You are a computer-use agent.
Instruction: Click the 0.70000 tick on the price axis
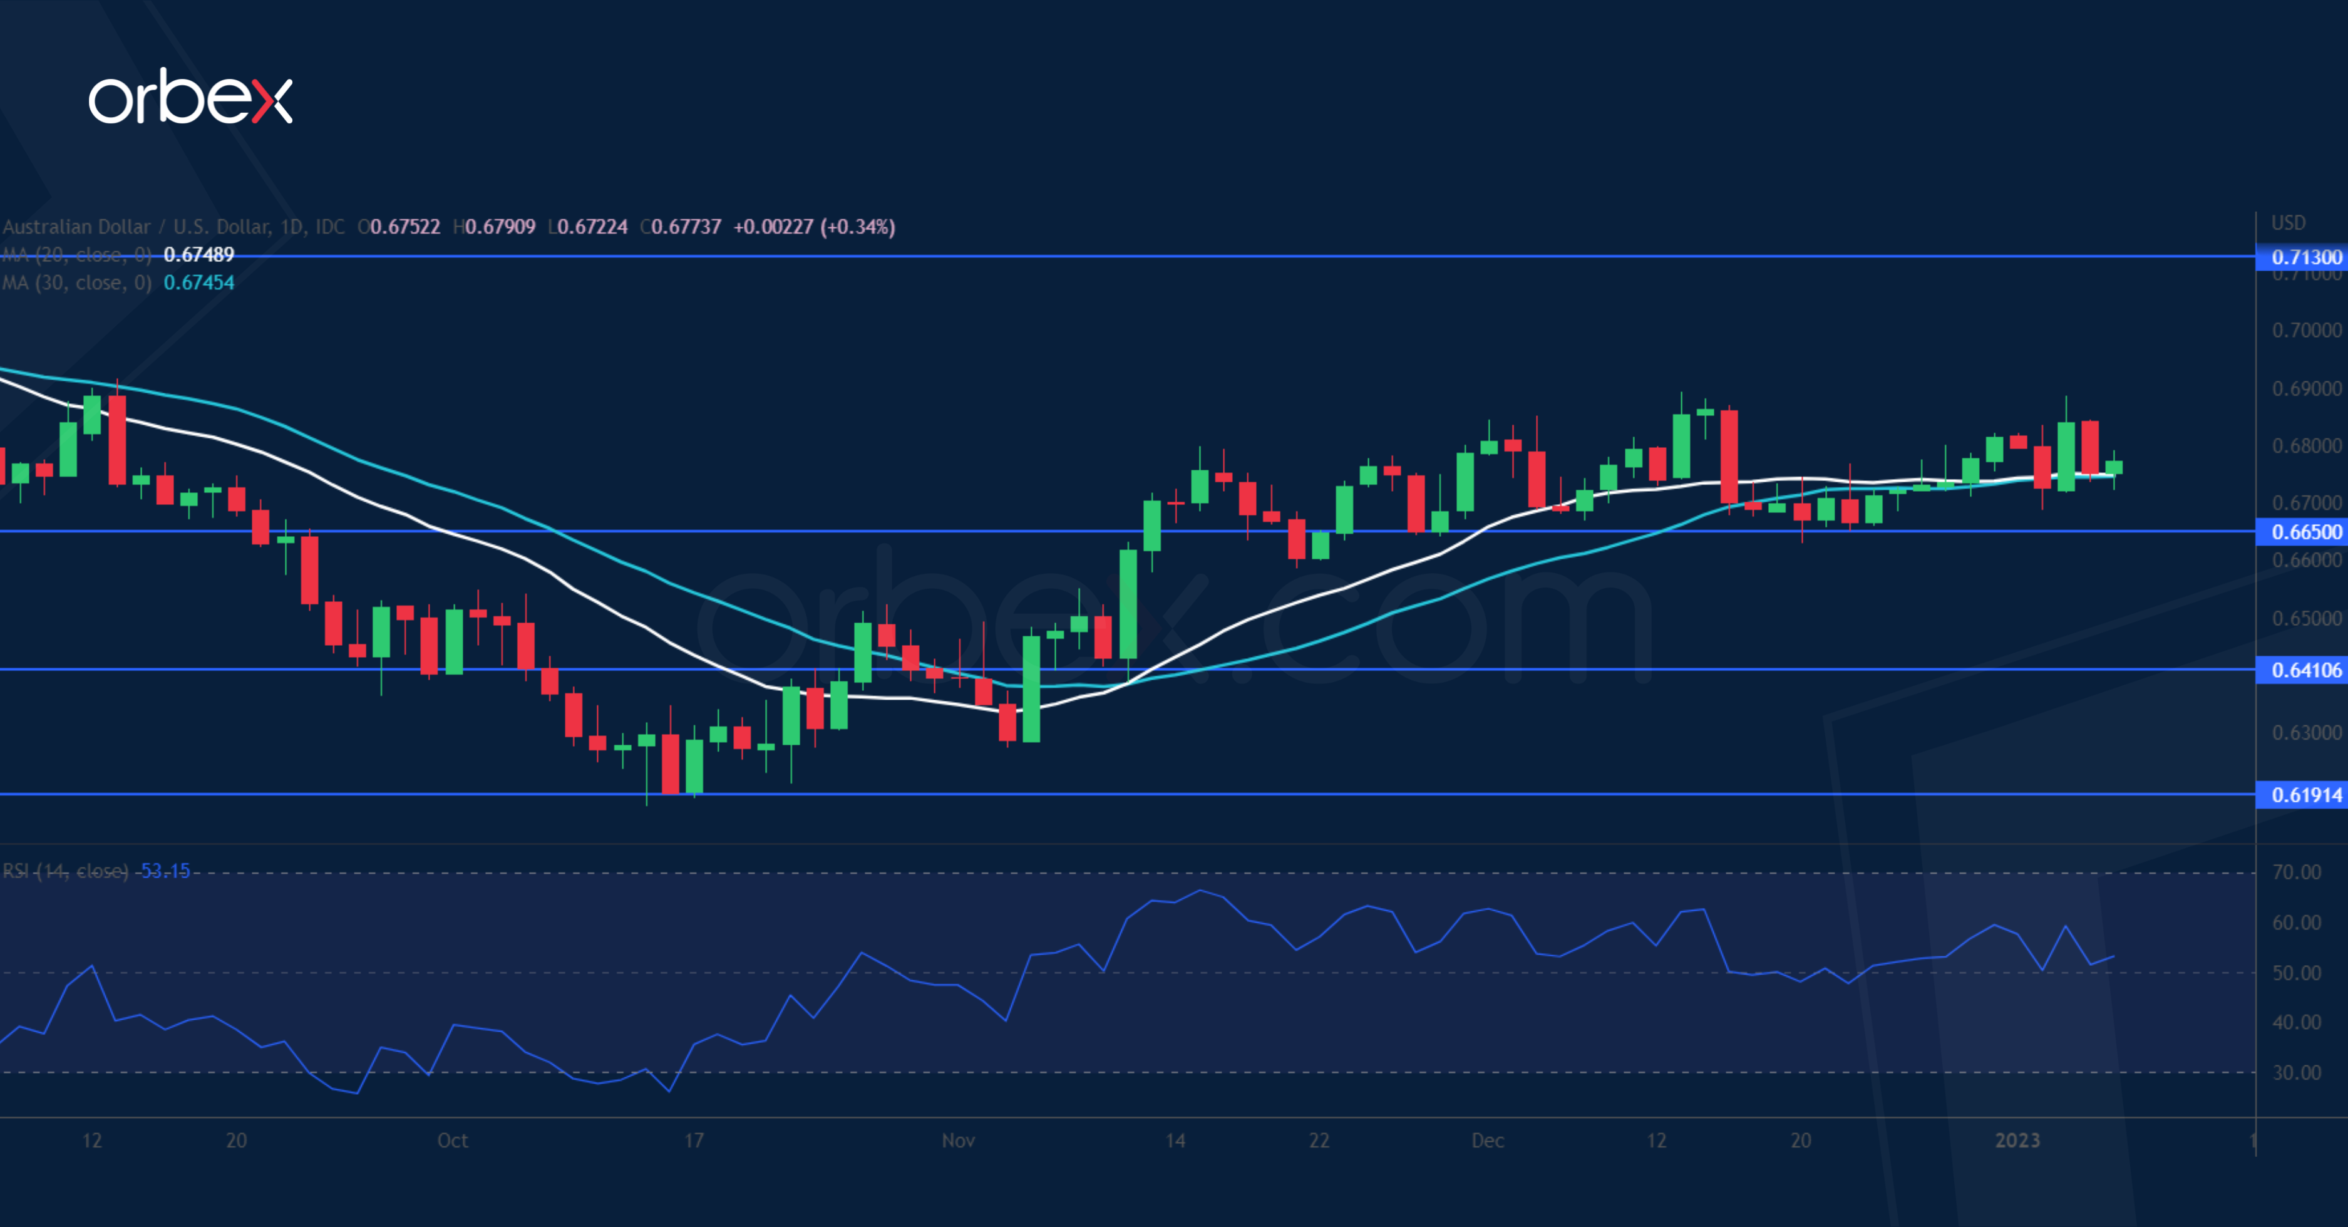coord(2305,330)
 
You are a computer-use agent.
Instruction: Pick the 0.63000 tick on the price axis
coord(2305,733)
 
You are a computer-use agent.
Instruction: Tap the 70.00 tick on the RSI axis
coord(2296,872)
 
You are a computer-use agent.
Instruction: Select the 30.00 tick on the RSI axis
coord(2296,1073)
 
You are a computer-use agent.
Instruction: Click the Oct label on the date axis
coord(452,1141)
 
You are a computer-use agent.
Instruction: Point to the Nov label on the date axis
coord(958,1141)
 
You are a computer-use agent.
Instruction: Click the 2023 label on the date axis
coord(2017,1141)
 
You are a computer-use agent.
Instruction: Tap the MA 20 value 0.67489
coord(198,254)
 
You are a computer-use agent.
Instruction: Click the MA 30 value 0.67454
coord(198,282)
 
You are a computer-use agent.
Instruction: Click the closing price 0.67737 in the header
coord(686,227)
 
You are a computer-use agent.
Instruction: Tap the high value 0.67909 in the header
coord(500,227)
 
